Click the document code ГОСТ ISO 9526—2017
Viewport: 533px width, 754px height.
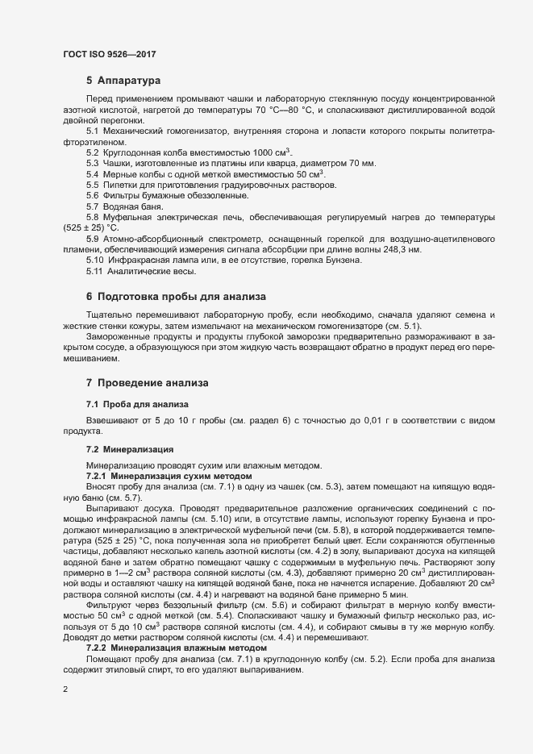pos(108,54)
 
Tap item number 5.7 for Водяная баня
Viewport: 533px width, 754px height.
pos(93,206)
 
